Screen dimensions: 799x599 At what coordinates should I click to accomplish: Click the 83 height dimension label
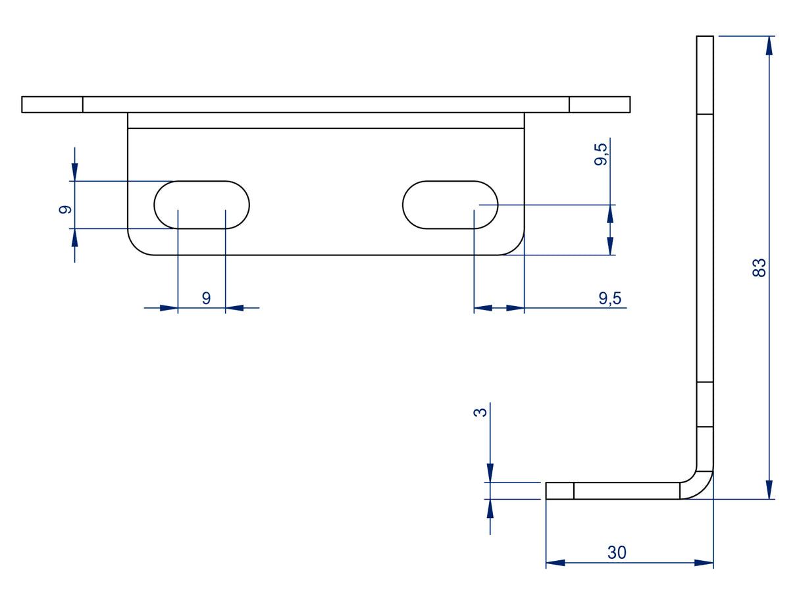point(760,268)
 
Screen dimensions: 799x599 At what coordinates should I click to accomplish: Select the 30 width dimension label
point(617,552)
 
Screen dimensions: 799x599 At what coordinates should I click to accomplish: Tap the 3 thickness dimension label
point(480,412)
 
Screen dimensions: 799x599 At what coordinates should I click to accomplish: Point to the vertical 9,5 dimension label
point(601,155)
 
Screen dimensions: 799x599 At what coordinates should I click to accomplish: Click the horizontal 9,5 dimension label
point(610,298)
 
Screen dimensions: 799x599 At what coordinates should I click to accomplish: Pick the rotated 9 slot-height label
point(65,209)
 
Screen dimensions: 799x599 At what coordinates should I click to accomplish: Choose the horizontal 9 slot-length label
point(206,298)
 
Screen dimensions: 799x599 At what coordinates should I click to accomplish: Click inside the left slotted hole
point(201,205)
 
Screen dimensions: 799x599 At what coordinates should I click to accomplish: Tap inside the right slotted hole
point(450,205)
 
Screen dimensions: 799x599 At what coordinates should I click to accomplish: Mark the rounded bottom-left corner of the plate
point(135,247)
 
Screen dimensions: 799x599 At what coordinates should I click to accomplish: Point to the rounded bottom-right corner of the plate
point(517,247)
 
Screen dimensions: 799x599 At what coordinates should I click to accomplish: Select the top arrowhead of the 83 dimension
point(769,45)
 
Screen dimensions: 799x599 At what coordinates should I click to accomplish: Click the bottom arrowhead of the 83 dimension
point(769,490)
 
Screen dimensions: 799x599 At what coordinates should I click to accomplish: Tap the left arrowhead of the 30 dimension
point(555,563)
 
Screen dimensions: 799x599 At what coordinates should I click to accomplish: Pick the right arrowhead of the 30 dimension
point(704,563)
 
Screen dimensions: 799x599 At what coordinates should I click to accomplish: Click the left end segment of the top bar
point(52,105)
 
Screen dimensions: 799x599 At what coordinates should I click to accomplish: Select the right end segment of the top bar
point(600,105)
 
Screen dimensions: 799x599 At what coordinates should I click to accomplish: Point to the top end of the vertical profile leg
point(705,36)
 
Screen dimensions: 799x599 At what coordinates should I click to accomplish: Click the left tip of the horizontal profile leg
point(546,491)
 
